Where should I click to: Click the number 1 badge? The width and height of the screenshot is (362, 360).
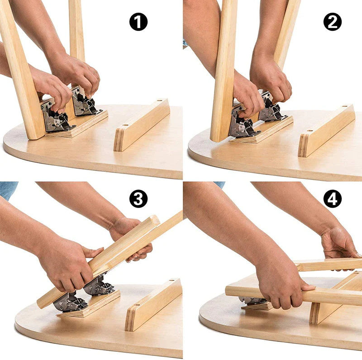(138, 22)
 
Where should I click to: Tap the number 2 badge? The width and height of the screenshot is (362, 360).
(332, 22)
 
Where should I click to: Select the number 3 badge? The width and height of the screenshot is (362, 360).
(138, 199)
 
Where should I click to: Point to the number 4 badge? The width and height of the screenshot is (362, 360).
(332, 199)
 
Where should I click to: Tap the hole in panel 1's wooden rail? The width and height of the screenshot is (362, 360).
(159, 101)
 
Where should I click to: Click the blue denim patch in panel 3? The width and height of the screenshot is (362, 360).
(8, 189)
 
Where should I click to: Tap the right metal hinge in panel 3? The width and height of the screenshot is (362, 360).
(100, 286)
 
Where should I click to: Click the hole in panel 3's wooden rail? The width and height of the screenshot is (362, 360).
(171, 281)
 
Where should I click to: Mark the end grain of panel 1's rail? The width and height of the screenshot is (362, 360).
(119, 140)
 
